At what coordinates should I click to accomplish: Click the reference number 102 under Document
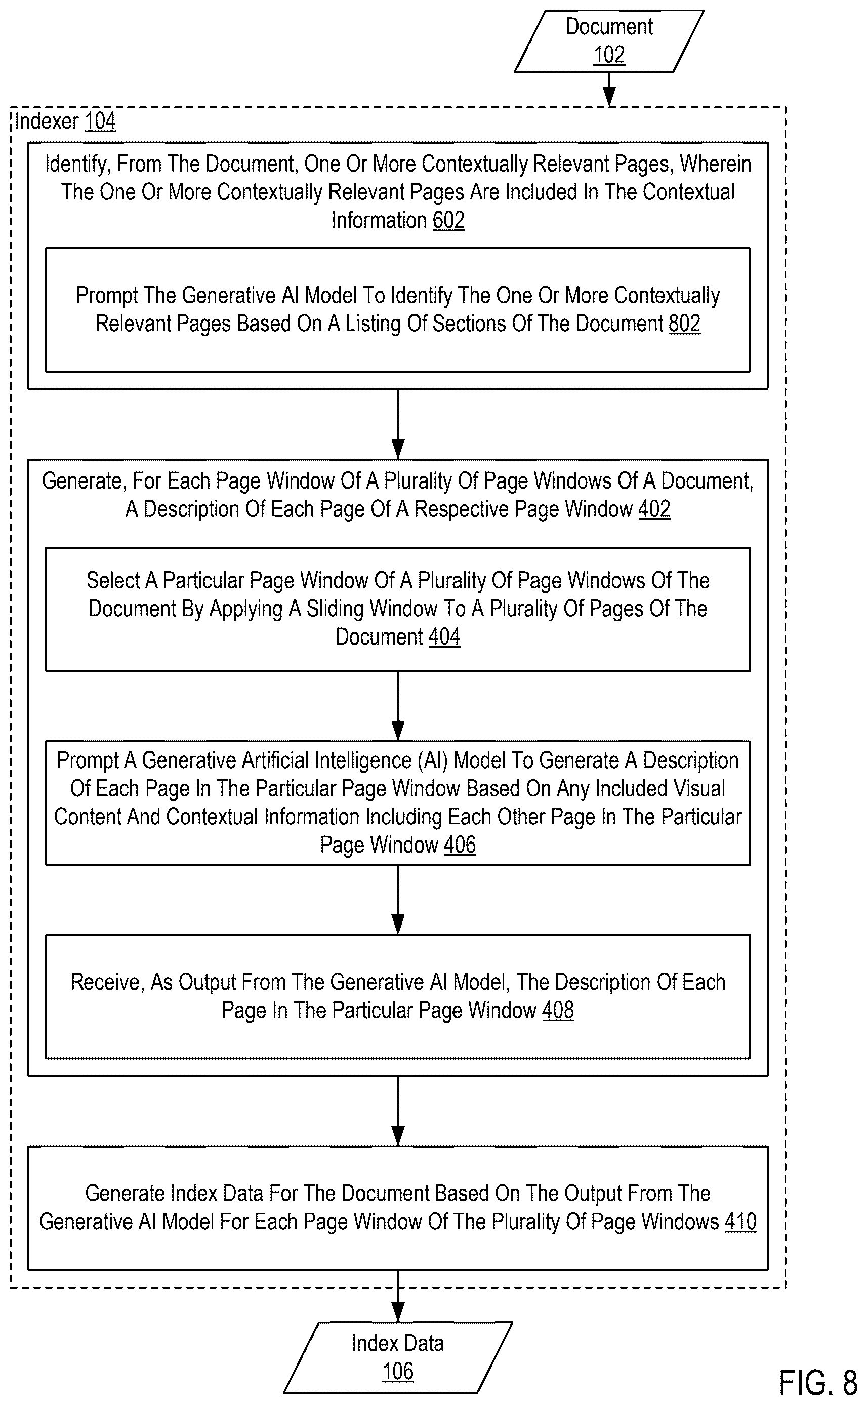point(609,55)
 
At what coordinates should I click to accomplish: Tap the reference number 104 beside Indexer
point(100,122)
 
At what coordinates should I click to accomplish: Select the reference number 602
point(448,220)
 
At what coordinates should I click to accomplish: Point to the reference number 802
point(685,324)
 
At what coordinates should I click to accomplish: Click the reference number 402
point(654,509)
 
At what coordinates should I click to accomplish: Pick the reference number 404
point(444,637)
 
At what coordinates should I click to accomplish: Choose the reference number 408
point(558,1010)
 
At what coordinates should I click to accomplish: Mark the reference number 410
point(740,1222)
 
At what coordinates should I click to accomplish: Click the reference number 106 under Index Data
point(398,1372)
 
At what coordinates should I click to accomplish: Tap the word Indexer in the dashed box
point(47,122)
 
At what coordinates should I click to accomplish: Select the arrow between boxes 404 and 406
point(398,706)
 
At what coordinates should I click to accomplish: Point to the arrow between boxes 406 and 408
point(398,900)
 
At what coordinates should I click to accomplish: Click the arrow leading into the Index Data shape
point(398,1297)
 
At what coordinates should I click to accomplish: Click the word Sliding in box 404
point(346,609)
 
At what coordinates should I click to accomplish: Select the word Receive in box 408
point(107,982)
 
